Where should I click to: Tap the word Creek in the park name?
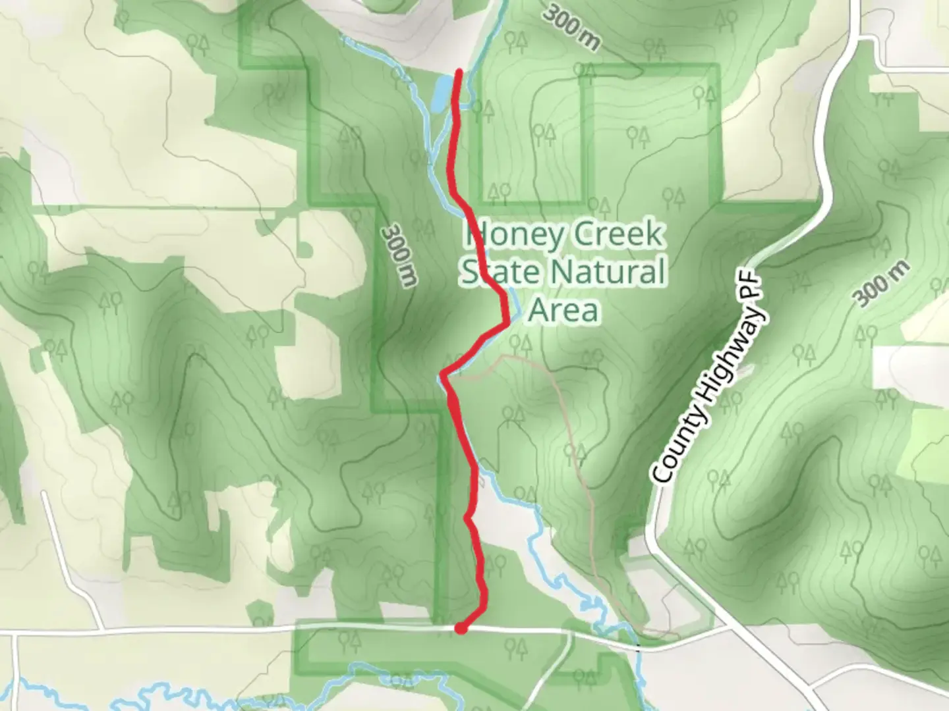(x=618, y=235)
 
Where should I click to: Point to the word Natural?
(x=608, y=272)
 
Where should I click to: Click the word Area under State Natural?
(x=563, y=310)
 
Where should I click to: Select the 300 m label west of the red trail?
(x=400, y=255)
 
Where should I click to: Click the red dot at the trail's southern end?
(x=461, y=629)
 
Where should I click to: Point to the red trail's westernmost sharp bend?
(x=444, y=375)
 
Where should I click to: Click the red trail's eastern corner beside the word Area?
(x=506, y=321)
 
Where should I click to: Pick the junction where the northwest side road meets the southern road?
(x=100, y=629)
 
